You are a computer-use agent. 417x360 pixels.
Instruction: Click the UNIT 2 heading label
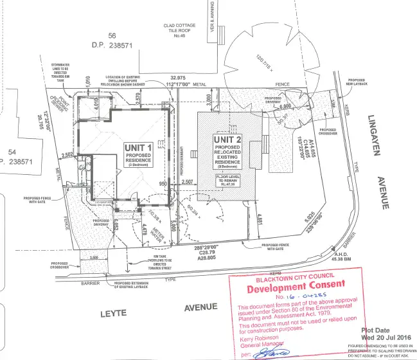point(229,139)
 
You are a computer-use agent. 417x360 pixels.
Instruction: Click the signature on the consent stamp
point(269,353)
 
